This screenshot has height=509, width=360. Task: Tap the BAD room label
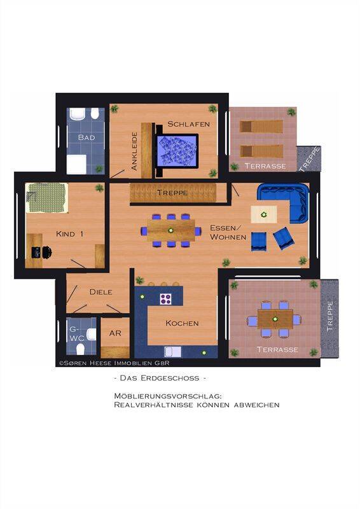pos(87,137)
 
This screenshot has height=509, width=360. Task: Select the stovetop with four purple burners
pos(165,298)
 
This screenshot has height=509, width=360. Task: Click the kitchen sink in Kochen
pos(173,352)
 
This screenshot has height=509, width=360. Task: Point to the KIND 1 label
pos(69,234)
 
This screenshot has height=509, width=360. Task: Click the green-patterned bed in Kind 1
pos(47,198)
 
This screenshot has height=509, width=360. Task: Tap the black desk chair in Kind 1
pos(46,252)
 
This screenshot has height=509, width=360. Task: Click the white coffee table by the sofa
pos(264,214)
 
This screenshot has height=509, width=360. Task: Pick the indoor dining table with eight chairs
pos(170,230)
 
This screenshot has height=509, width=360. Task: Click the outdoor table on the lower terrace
pos(275,319)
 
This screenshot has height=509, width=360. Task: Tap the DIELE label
pos(101,292)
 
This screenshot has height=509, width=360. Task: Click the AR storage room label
pos(115,333)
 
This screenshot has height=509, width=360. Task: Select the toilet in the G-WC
pos(81,349)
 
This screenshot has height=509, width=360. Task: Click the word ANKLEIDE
pos(134,151)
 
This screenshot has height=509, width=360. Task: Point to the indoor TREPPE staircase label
pos(172,193)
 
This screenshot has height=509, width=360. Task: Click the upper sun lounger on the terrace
pos(261,126)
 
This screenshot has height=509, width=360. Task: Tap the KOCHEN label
pos(182,323)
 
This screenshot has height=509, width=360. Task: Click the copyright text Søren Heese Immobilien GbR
pos(114,363)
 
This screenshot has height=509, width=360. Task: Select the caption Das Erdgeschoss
pos(160,378)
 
